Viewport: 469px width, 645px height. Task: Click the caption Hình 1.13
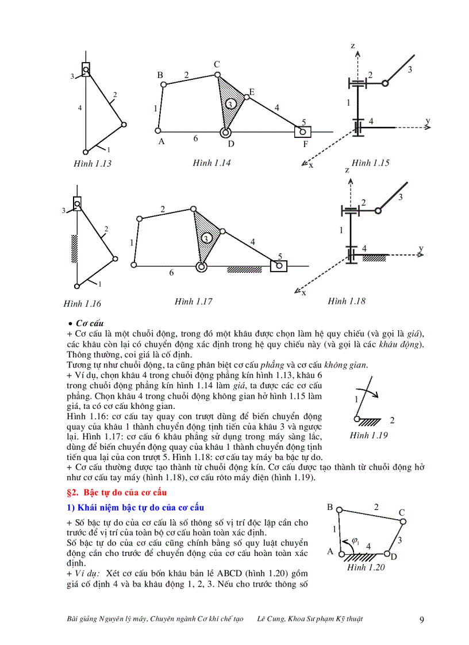93,164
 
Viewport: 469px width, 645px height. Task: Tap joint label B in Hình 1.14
160,75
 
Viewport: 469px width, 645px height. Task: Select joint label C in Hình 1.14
217,64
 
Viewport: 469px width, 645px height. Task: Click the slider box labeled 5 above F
302,132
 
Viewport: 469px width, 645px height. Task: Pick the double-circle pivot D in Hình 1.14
224,133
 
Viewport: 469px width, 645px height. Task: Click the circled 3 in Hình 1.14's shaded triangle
229,105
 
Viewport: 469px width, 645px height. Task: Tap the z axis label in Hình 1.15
353,45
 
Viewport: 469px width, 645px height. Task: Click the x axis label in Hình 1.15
311,165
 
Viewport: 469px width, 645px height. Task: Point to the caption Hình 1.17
194,301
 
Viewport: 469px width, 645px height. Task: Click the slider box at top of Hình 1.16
77,203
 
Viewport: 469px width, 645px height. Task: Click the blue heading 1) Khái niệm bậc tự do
135,507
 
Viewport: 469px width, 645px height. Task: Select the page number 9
422,619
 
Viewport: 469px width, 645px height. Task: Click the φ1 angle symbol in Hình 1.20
355,541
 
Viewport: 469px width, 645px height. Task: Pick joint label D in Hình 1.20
394,557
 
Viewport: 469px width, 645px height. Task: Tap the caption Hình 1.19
368,435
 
